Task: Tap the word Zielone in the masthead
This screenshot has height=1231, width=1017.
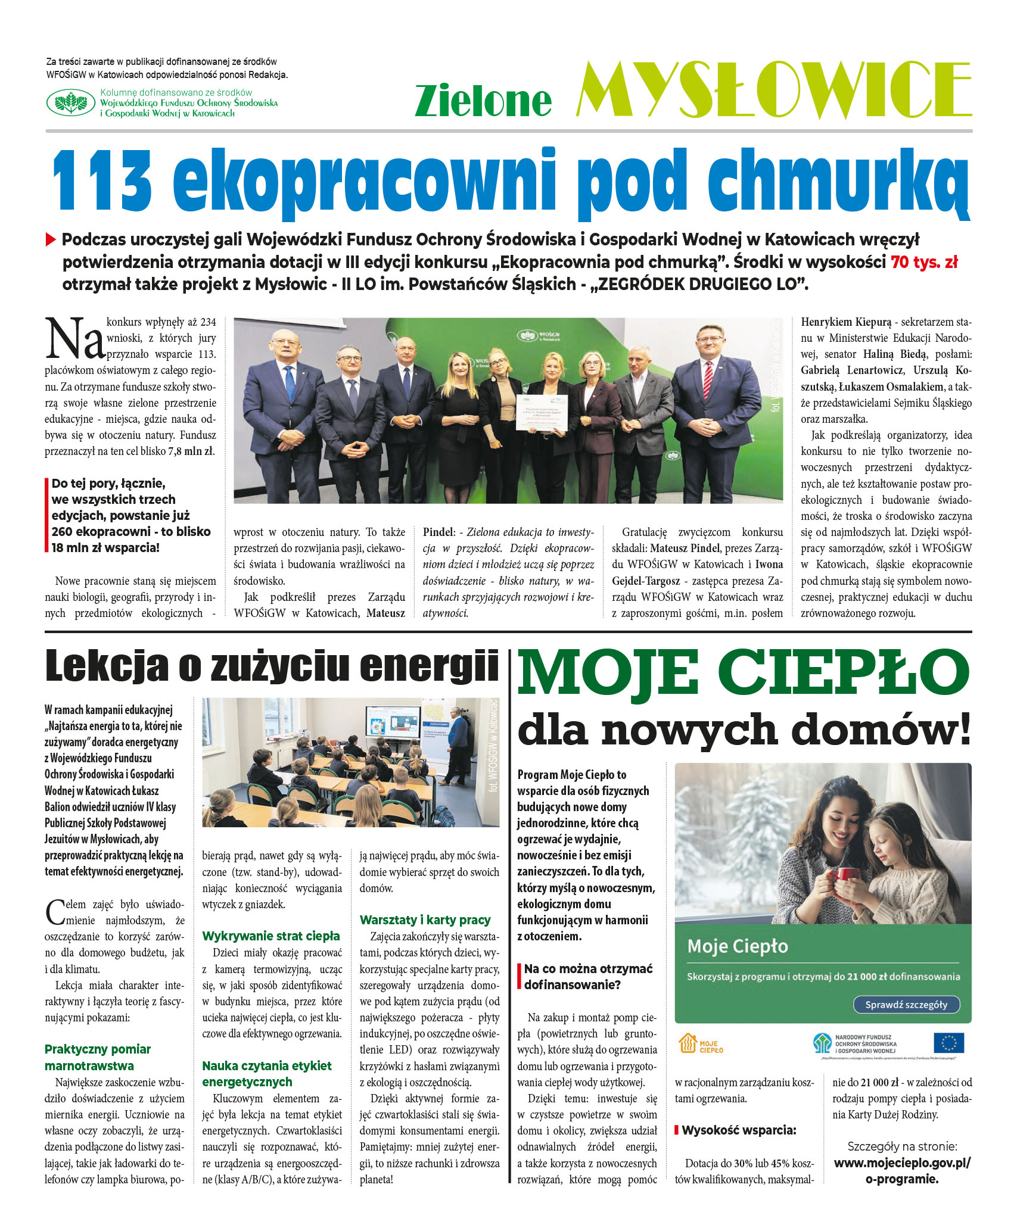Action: tap(483, 100)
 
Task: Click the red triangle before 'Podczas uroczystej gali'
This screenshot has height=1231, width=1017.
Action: tap(51, 240)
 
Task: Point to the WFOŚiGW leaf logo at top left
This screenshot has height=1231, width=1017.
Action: tap(71, 102)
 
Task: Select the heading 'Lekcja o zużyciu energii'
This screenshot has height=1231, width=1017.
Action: tap(272, 666)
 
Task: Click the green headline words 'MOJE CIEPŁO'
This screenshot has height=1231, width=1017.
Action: tap(743, 672)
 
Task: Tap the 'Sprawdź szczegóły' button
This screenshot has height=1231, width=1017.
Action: tap(906, 1005)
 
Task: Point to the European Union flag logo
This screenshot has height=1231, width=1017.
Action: tap(948, 1043)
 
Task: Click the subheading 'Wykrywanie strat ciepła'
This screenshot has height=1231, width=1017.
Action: tap(271, 936)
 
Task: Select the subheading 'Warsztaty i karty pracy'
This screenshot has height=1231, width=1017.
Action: tap(425, 920)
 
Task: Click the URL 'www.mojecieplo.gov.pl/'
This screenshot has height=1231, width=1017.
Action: tap(902, 1163)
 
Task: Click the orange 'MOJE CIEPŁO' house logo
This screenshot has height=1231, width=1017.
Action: tap(701, 1044)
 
